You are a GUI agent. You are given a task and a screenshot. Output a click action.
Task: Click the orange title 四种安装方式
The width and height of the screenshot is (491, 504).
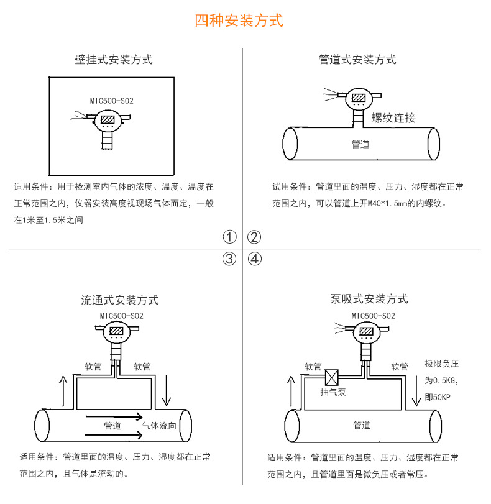coord(239,21)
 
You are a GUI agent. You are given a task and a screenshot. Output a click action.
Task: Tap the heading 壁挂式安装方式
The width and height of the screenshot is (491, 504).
coord(113,60)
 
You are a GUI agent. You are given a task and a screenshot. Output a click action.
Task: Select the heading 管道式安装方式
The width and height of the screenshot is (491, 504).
coord(357,60)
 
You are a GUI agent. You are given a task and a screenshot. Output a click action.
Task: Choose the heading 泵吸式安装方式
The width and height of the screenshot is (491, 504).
coord(369,300)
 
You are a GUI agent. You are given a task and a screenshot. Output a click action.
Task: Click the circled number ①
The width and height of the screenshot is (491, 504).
coord(230,237)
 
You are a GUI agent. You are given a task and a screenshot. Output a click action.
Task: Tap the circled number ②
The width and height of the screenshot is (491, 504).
coord(254,237)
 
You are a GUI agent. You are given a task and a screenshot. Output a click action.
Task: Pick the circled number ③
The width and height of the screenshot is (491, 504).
coord(230,259)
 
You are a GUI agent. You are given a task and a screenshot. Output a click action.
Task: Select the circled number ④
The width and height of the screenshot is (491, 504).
coord(254,259)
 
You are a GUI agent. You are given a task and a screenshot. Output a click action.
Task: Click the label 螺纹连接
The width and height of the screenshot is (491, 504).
coord(393,118)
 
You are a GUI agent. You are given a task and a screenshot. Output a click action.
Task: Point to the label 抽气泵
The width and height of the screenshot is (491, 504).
coord(333,393)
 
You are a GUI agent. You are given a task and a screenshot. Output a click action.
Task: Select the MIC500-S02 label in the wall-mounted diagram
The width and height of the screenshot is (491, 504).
coord(112,101)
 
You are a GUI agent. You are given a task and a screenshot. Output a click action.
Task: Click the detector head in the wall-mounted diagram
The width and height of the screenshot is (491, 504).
coord(108,120)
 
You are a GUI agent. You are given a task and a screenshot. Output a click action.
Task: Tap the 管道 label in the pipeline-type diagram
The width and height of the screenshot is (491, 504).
coord(360,145)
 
